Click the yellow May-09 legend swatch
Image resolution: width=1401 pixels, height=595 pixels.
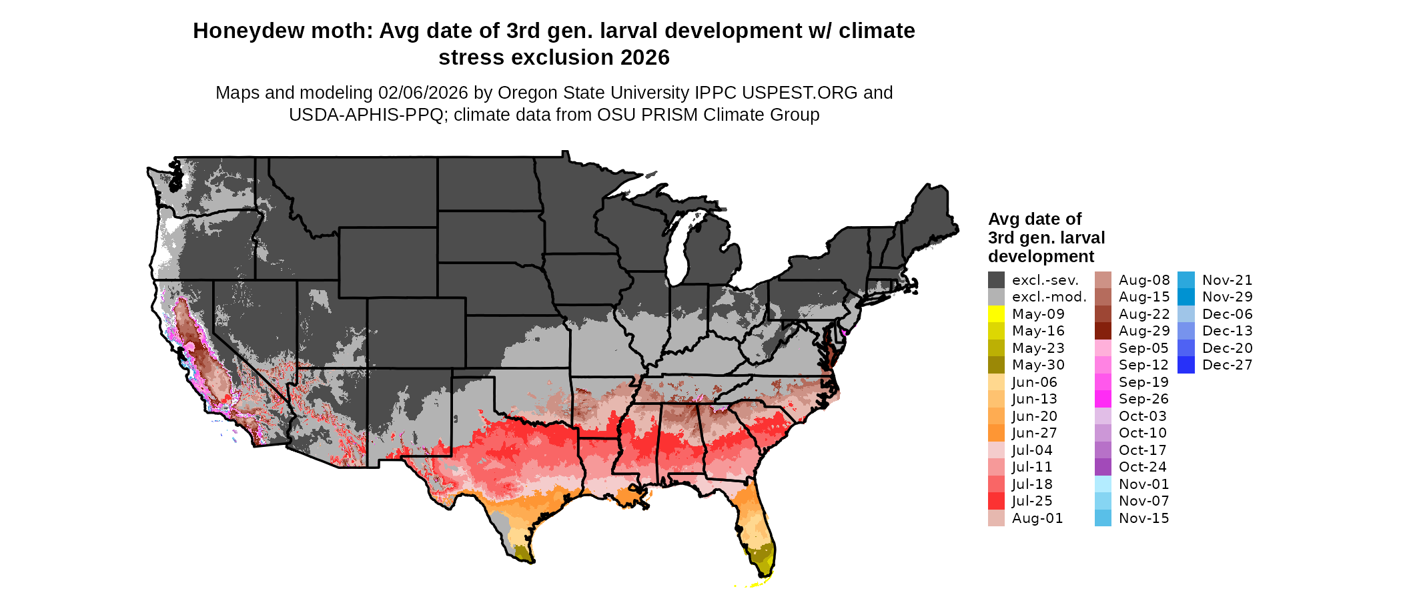(996, 314)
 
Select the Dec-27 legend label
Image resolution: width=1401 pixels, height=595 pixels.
(1227, 365)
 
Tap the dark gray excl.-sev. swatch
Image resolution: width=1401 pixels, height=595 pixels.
(996, 280)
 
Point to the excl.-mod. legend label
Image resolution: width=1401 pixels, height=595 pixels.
(1049, 297)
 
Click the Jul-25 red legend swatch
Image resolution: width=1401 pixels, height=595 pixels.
(996, 501)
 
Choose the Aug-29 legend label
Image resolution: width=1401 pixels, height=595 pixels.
(1143, 331)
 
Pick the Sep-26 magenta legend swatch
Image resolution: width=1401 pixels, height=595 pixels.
(1103, 399)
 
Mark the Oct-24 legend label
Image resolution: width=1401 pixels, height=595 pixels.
(1143, 467)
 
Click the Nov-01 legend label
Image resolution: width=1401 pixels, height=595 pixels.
(1143, 484)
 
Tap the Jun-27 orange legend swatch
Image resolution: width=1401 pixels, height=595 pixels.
(996, 433)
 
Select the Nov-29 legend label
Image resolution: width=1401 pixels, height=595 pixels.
(1227, 297)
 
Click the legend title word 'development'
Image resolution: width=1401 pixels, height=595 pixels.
(1041, 257)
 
